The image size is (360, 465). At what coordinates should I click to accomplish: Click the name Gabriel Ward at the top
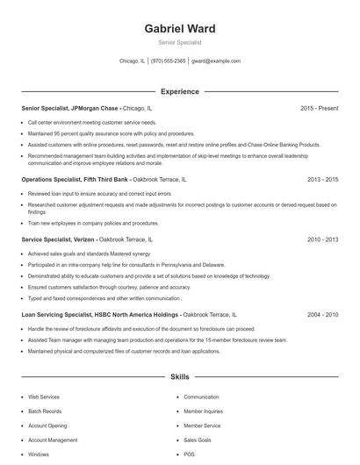(x=180, y=28)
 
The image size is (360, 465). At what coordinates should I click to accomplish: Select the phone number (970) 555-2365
(x=169, y=61)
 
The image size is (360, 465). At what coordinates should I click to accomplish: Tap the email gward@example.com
(x=216, y=61)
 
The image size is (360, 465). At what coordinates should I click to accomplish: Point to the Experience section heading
(x=180, y=91)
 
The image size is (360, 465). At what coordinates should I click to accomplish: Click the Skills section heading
(x=180, y=377)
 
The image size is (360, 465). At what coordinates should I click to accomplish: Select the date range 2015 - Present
(x=319, y=108)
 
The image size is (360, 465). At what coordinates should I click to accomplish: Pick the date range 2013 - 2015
(x=322, y=179)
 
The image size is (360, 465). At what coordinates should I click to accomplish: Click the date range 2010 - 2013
(x=322, y=239)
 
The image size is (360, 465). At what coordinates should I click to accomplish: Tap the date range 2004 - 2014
(x=322, y=313)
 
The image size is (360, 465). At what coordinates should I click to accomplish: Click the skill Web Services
(x=44, y=397)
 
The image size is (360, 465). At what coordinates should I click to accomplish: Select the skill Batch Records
(x=45, y=411)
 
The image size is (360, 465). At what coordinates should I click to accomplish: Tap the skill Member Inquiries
(x=203, y=411)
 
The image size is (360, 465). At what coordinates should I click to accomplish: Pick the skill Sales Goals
(x=198, y=440)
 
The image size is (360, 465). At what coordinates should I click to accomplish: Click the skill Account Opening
(x=47, y=426)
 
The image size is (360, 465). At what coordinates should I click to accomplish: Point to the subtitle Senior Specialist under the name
(x=180, y=42)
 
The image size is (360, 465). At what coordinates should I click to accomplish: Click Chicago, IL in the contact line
(x=132, y=61)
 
